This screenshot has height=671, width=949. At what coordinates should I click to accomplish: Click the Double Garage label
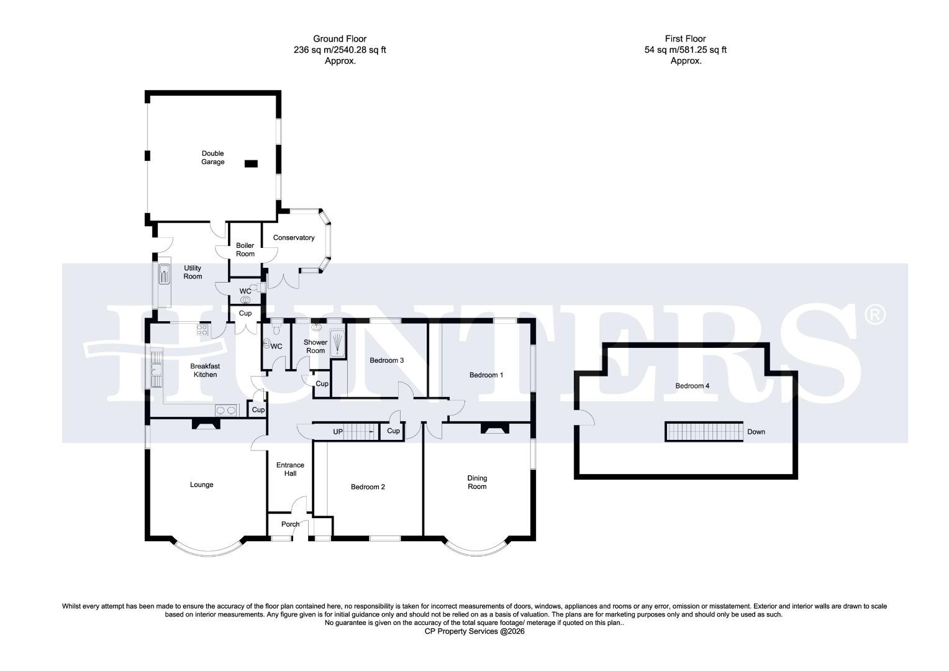tap(212, 158)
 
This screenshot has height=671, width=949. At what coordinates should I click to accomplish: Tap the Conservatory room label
tap(294, 237)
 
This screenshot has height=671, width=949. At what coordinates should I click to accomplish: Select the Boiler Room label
tap(245, 250)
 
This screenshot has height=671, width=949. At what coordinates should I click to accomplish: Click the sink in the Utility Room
tap(164, 274)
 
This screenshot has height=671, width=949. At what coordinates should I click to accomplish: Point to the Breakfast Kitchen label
tap(205, 370)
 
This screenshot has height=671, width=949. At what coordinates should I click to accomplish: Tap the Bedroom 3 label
tap(387, 360)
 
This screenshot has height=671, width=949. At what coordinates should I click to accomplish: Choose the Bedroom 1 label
tap(486, 375)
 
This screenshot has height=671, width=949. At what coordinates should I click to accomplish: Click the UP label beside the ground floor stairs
tap(338, 431)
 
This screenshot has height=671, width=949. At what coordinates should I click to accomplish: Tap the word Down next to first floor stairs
tap(756, 432)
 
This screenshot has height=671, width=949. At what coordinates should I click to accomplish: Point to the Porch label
tap(290, 524)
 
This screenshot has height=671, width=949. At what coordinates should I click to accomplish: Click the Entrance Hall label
tap(290, 469)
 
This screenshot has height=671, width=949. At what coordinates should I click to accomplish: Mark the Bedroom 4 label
tap(692, 386)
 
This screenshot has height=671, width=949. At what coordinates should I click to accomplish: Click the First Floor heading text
tap(686, 39)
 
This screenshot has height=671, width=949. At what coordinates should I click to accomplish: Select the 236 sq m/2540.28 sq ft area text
tap(340, 50)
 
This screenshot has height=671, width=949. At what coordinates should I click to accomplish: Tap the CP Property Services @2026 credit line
tap(474, 631)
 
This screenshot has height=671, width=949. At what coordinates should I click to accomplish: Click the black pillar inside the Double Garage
tap(251, 163)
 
